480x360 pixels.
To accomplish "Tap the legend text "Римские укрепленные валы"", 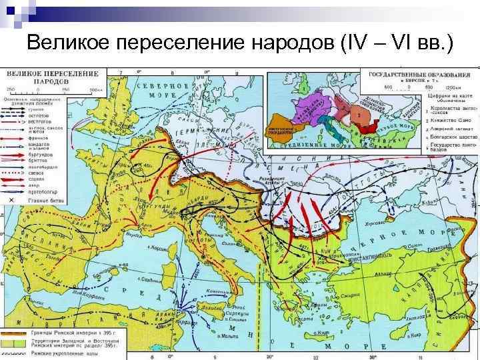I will pos(63,349).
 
